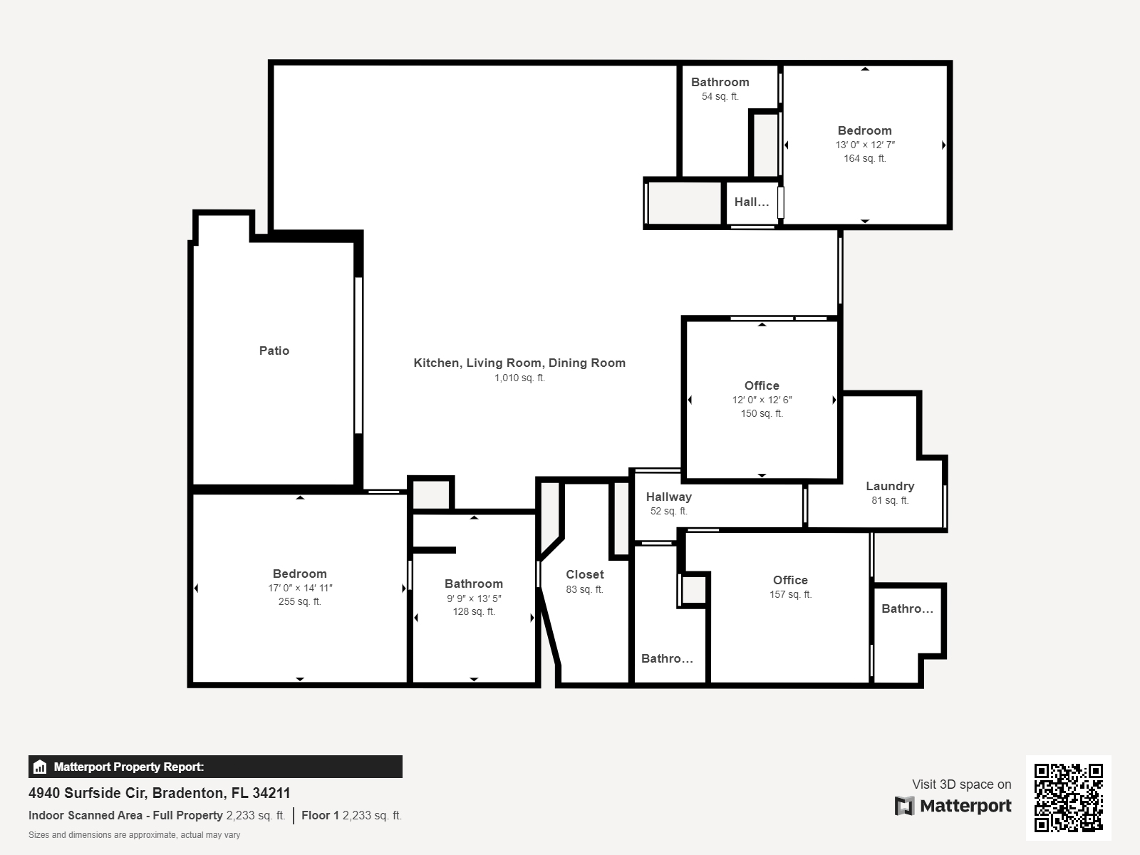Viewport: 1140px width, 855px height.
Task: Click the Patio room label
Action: click(274, 351)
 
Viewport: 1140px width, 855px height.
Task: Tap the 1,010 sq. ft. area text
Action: click(519, 378)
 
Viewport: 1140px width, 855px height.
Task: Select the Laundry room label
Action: click(890, 486)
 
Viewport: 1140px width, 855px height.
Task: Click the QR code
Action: click(1068, 797)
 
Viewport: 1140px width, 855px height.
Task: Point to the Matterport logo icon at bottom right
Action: click(904, 806)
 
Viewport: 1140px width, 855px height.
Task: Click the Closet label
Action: click(584, 574)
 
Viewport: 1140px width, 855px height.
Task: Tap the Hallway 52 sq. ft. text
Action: click(668, 512)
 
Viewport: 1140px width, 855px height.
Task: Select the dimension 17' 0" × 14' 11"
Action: click(300, 589)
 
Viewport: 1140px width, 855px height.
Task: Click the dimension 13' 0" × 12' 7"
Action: click(865, 145)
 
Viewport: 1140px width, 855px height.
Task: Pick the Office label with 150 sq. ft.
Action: click(762, 385)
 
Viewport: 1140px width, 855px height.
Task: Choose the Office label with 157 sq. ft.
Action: click(790, 580)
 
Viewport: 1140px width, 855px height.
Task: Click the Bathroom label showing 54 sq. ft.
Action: click(720, 82)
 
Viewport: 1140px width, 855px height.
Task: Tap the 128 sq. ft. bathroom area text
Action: click(474, 612)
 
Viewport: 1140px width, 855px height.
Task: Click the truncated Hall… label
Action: click(752, 202)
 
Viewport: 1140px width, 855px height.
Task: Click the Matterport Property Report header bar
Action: click(215, 767)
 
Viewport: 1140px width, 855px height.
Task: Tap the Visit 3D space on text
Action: click(961, 784)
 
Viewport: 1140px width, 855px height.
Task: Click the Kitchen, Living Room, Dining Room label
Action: click(519, 363)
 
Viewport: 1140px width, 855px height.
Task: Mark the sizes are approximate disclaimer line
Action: click(134, 835)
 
